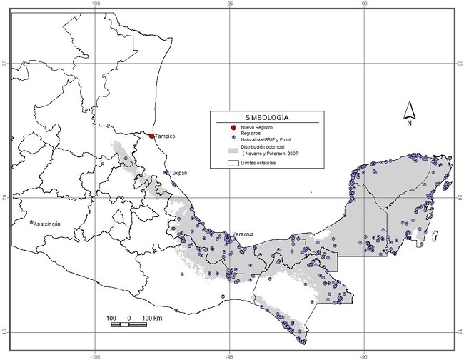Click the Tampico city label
coord(165,136)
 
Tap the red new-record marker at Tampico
coord(151,135)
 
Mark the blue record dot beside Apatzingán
coord(31,222)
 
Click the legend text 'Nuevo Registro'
coord(256,126)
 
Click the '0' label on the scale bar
coord(129,317)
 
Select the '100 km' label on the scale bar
coord(152,317)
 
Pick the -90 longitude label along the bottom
coord(363,354)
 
